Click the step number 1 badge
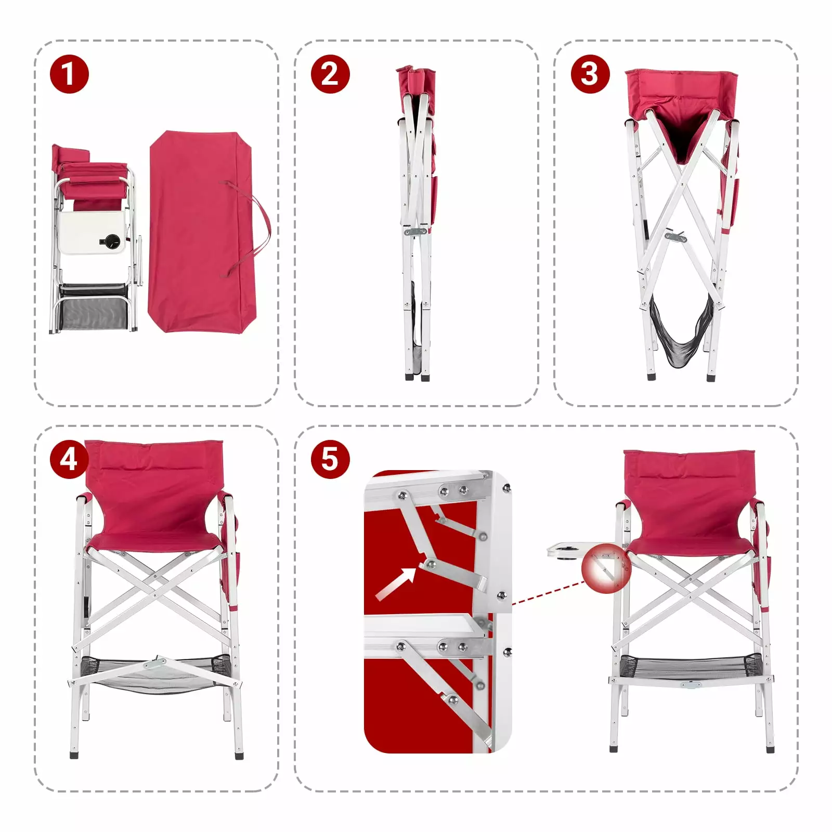(x=69, y=74)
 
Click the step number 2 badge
(x=330, y=74)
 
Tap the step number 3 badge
(x=590, y=74)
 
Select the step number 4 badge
(x=69, y=459)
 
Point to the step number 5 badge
(x=330, y=459)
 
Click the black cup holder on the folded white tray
(x=111, y=240)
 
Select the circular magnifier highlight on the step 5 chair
(x=606, y=569)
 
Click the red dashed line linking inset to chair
(x=548, y=593)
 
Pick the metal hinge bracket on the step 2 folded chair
(x=415, y=231)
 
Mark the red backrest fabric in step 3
(x=681, y=91)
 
